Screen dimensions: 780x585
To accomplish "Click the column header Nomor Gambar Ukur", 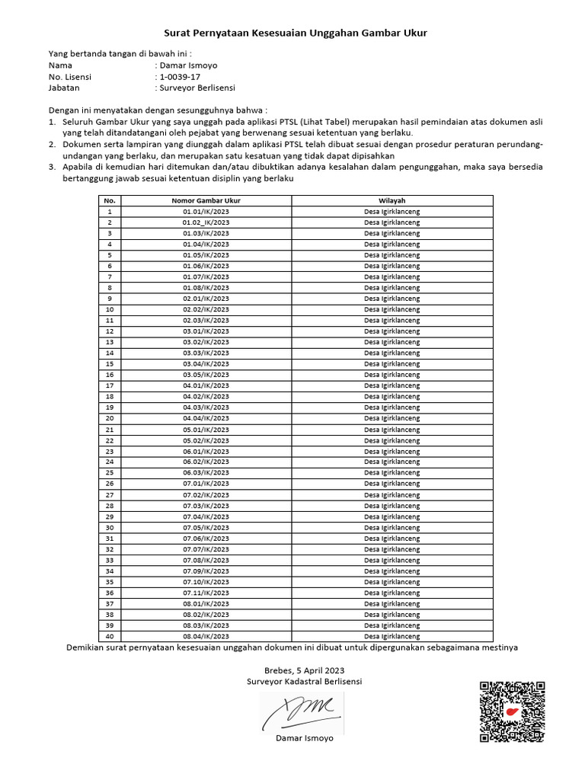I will (206, 200).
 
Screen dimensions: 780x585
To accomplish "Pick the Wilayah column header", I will (392, 200).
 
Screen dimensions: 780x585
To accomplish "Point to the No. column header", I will (110, 200).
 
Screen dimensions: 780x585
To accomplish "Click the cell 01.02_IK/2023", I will (206, 222).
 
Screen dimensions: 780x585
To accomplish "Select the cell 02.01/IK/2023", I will (206, 299).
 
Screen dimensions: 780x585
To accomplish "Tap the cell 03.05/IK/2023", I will (206, 375).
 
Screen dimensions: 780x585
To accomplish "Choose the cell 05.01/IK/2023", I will (206, 430).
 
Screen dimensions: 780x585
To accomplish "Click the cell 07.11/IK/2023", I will (206, 593).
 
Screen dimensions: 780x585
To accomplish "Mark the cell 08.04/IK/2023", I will (206, 636).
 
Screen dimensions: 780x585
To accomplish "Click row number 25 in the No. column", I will (110, 473).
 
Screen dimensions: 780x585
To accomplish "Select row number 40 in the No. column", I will (110, 636).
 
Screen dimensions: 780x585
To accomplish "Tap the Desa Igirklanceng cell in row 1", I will (392, 212).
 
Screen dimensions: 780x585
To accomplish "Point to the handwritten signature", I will (302, 713).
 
